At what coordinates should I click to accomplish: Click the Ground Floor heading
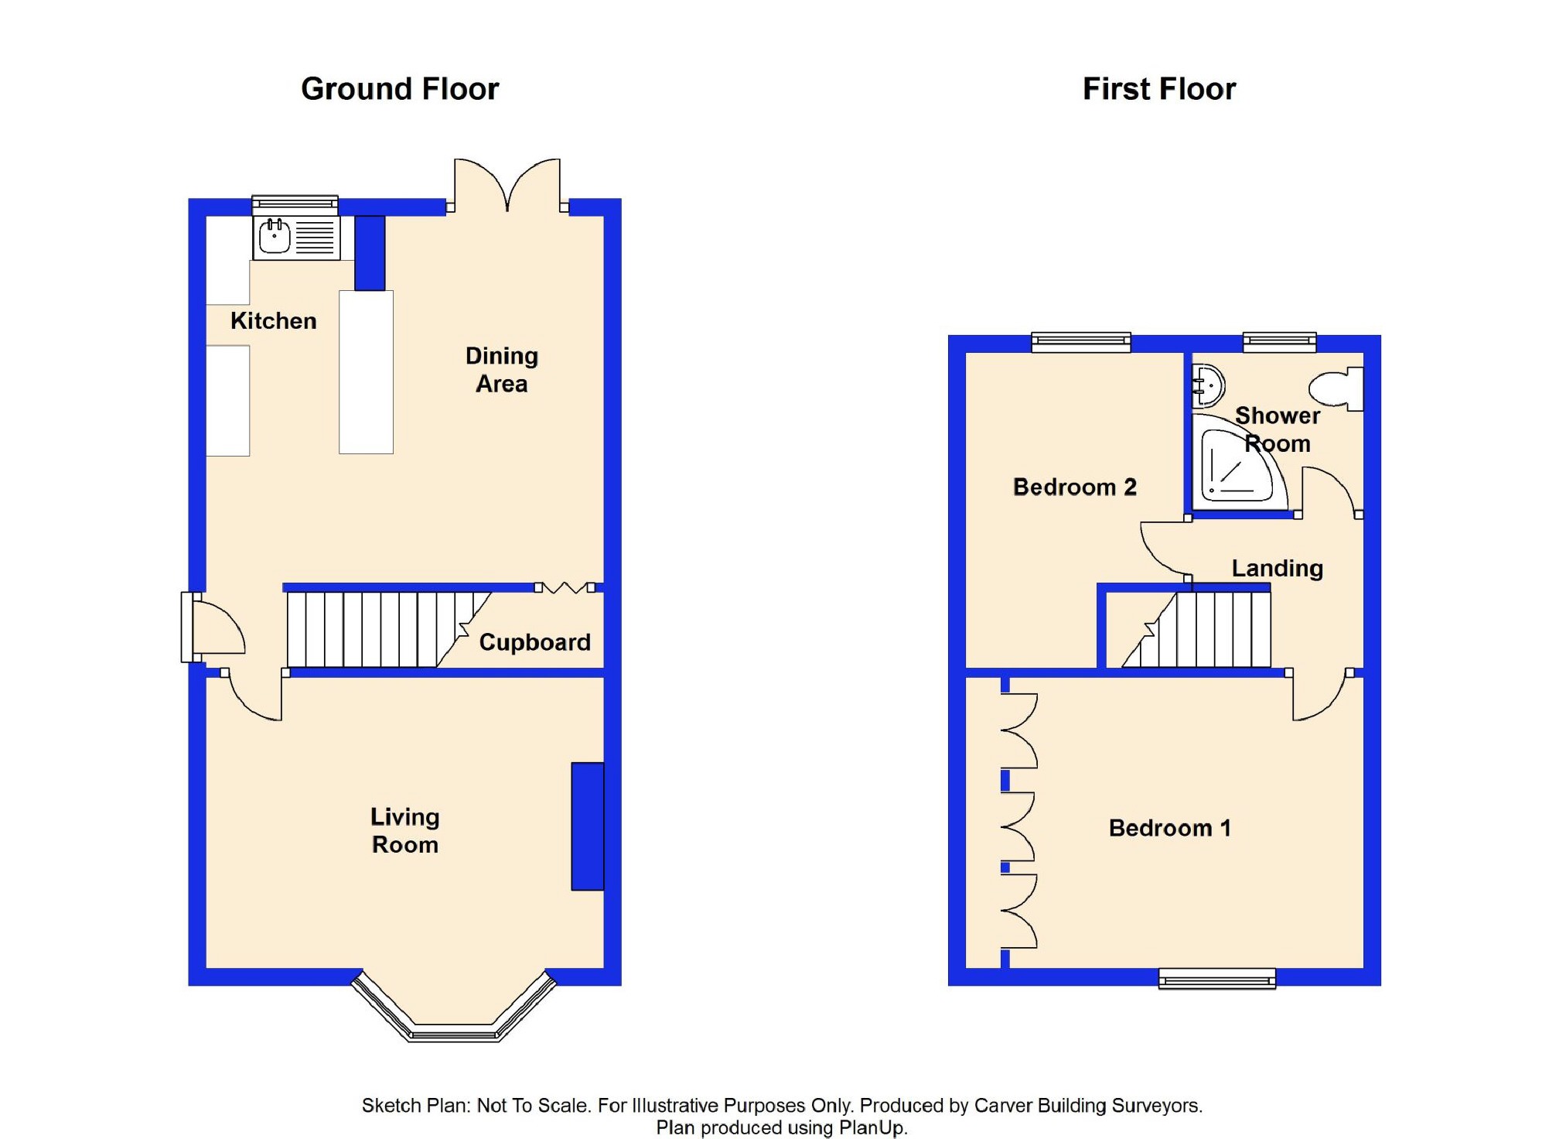[400, 89]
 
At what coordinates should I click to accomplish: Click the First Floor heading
[1158, 89]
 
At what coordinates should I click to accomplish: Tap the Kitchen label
[273, 320]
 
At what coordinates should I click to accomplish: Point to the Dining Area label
[501, 370]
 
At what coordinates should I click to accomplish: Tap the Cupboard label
[534, 641]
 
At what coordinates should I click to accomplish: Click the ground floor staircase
[371, 630]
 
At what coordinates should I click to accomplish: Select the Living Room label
[404, 830]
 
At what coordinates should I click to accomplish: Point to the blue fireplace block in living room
[587, 826]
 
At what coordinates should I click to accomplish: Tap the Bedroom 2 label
[1074, 487]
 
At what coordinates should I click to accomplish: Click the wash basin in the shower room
[1207, 385]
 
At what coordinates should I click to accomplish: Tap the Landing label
[1277, 568]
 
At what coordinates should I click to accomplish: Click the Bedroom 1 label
[1169, 828]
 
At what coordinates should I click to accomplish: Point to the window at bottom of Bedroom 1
[1216, 979]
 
